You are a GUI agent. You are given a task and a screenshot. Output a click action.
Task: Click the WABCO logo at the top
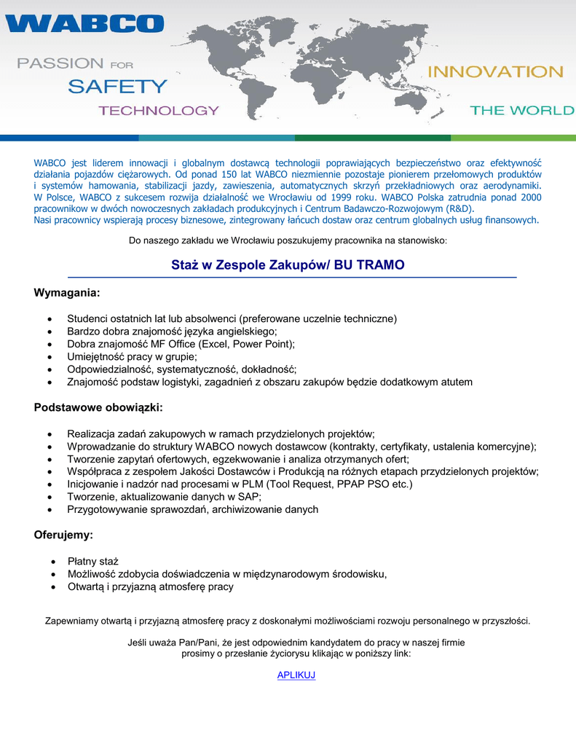pos(84,23)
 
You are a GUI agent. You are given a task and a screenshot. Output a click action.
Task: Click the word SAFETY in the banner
pos(117,87)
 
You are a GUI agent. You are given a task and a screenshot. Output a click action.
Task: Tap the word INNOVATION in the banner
pos(495,72)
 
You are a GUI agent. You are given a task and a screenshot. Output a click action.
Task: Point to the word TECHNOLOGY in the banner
pos(159,111)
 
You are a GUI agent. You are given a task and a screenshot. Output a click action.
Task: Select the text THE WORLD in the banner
pos(521,111)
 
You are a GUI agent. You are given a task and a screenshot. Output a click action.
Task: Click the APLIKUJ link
pos(296,675)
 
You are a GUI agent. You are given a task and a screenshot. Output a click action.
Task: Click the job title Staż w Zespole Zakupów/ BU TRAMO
pos(288,265)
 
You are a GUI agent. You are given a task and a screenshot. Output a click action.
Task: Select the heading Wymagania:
pos(66,293)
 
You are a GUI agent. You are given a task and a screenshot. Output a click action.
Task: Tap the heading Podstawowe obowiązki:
pos(98,407)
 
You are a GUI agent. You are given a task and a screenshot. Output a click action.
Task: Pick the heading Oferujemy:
pos(63,535)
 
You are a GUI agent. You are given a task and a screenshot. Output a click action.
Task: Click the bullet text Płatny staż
pos(93,561)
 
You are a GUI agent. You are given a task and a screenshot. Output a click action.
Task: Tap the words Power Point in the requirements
pos(266,344)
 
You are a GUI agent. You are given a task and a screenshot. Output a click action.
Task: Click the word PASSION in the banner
pos(60,63)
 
